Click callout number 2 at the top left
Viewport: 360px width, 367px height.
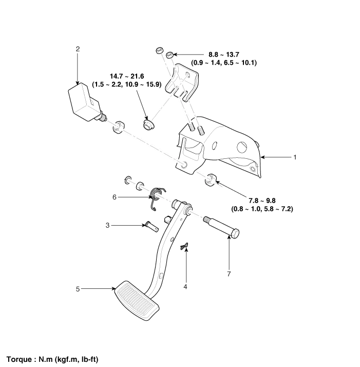[78, 49]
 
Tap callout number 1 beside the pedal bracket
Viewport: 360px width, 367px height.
[293, 157]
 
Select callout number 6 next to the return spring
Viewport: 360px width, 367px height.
[115, 197]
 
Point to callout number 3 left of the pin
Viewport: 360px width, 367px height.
[107, 225]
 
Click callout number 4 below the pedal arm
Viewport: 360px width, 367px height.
[186, 288]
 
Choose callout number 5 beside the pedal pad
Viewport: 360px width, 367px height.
[78, 289]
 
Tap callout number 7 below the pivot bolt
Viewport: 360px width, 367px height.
[230, 275]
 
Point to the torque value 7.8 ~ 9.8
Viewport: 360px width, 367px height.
[262, 200]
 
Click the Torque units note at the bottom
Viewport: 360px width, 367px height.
[52, 358]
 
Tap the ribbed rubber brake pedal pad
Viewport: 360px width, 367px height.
[136, 301]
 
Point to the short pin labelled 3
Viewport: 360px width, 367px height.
[149, 225]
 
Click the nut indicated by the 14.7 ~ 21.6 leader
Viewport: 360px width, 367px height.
[149, 125]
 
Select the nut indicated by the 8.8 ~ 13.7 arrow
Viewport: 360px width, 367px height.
[169, 54]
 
